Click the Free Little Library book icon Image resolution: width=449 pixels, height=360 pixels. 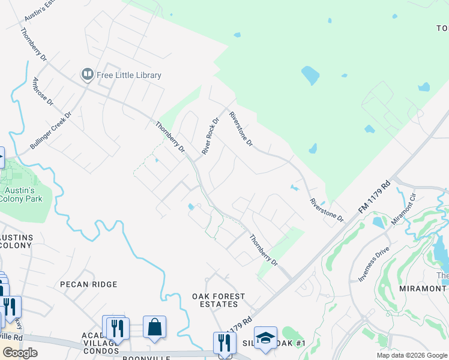point(88,75)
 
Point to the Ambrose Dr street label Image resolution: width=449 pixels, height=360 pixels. point(43,92)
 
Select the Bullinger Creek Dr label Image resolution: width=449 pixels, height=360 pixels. point(51,130)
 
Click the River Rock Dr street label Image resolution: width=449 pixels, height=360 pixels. point(211,136)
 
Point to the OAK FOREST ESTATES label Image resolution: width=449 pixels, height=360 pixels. point(218,300)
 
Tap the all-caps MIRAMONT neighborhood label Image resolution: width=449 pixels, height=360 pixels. point(423,289)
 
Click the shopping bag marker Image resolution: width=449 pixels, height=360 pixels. point(154,328)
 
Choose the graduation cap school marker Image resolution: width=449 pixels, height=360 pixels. point(265,337)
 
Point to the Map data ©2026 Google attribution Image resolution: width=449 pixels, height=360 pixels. point(411,355)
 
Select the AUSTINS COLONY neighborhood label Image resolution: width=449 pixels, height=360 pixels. point(16,241)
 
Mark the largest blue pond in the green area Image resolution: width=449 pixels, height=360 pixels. point(310,76)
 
